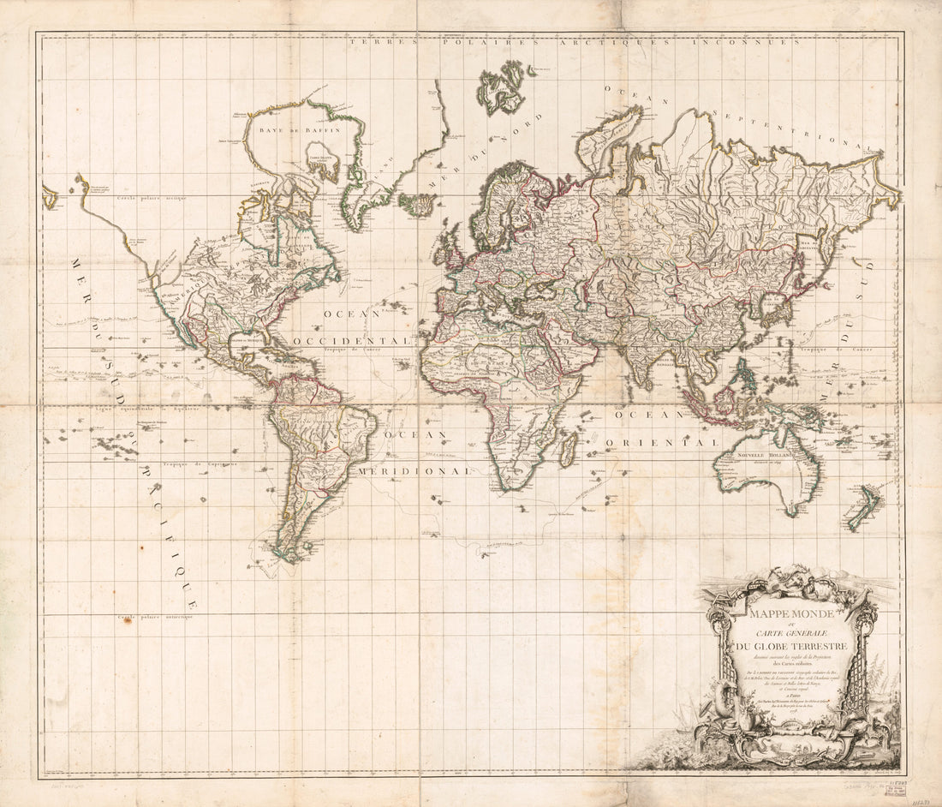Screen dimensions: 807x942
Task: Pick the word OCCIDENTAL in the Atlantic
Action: point(352,340)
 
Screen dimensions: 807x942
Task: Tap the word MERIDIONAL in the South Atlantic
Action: point(415,471)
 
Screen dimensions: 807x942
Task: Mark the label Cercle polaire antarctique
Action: point(156,616)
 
